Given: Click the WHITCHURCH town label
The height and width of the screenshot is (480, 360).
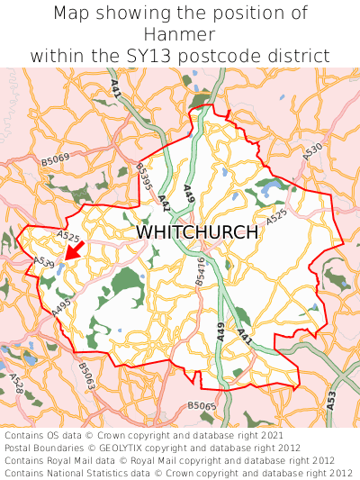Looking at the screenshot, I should (197, 231).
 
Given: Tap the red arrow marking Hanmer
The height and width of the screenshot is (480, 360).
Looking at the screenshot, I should (75, 250).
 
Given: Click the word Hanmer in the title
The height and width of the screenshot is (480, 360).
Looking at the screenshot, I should (180, 34).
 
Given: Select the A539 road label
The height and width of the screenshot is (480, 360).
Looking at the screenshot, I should (43, 262).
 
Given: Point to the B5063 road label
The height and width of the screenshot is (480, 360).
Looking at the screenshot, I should (86, 374).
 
